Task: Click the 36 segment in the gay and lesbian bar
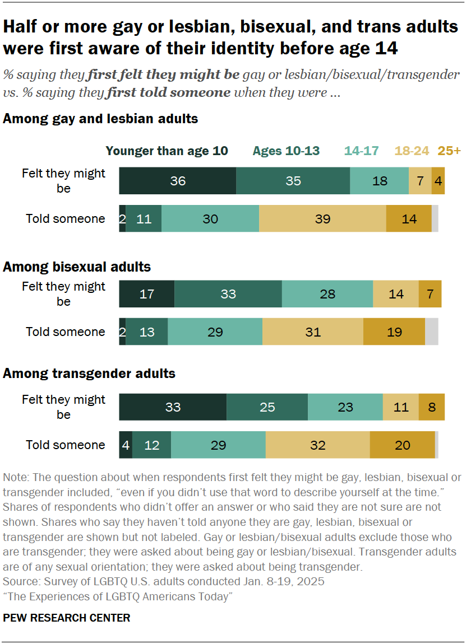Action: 178,181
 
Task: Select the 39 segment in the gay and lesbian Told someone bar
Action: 322,219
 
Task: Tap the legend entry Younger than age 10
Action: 167,151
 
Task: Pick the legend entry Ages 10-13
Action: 286,151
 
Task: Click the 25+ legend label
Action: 449,151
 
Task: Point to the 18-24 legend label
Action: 412,151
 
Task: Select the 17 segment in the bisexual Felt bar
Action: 147,294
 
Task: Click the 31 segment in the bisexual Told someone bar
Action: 313,332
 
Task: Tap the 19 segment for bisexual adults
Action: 394,332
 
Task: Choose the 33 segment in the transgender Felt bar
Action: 173,407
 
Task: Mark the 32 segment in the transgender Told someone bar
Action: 317,445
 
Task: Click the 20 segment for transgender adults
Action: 402,445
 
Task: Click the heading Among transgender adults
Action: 89,373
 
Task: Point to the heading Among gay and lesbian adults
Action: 100,119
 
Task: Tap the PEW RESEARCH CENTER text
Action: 66,618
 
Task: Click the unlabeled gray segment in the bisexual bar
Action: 432,332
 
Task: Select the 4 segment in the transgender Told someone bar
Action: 126,445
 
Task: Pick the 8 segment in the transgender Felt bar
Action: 432,407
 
